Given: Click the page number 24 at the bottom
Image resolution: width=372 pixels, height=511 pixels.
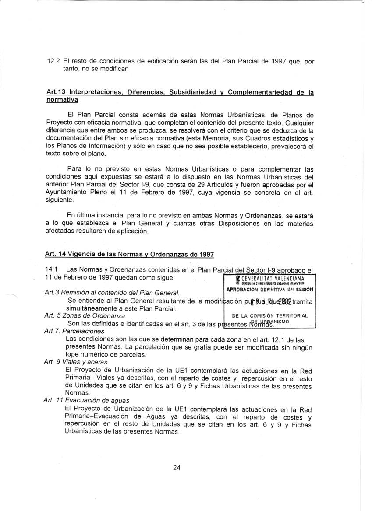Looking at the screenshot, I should point(177,468).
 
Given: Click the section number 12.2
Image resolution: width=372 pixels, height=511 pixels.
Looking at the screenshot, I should point(53,62).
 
